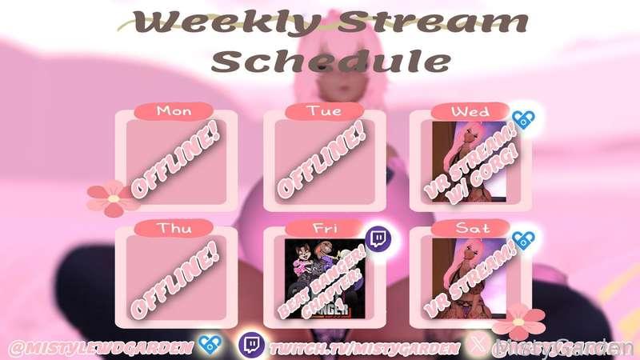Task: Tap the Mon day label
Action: pyautogui.click(x=174, y=110)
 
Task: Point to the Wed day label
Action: pyautogui.click(x=470, y=110)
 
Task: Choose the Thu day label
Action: pyautogui.click(x=174, y=227)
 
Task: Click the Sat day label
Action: pyautogui.click(x=470, y=227)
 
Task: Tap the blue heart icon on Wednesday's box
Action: pyautogui.click(x=524, y=120)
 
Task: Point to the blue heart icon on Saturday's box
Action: pyautogui.click(x=524, y=238)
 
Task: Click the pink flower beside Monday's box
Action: pyautogui.click(x=112, y=197)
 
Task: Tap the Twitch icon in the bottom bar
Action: pyautogui.click(x=250, y=346)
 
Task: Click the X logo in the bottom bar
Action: pyautogui.click(x=478, y=346)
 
